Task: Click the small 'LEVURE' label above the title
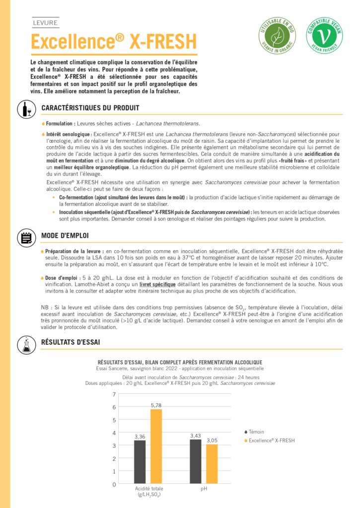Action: click(x=45, y=23)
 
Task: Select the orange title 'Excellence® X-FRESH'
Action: click(x=114, y=42)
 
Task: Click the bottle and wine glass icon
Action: click(x=25, y=109)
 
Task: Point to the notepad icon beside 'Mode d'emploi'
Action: click(x=25, y=237)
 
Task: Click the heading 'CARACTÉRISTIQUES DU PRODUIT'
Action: click(x=90, y=108)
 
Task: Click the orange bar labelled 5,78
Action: click(x=156, y=446)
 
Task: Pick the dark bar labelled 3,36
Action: click(x=140, y=462)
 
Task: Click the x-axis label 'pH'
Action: click(x=204, y=489)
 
